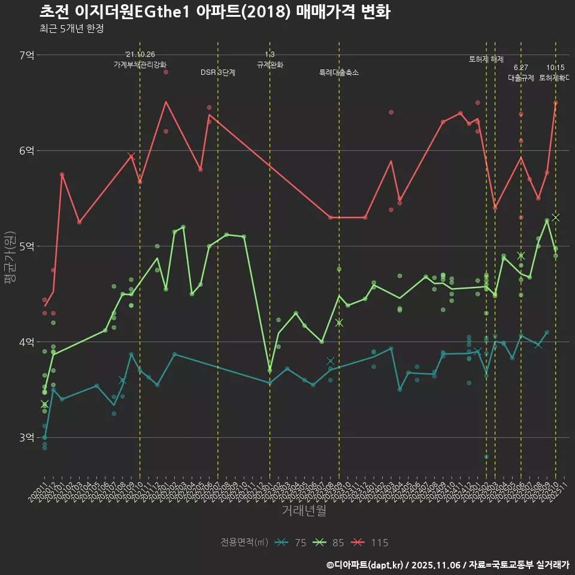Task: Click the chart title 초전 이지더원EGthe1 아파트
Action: [x=215, y=12]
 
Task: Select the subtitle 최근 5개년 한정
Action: [x=72, y=29]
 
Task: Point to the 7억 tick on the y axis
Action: [x=27, y=55]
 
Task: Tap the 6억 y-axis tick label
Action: [x=27, y=150]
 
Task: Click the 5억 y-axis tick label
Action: [x=27, y=246]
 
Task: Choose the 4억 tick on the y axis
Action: [x=27, y=342]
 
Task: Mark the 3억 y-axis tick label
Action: [x=27, y=438]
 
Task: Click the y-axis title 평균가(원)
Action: [x=10, y=246]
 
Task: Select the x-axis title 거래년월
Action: [x=304, y=510]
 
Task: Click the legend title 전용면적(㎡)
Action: [x=244, y=543]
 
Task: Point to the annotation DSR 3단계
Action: [x=218, y=72]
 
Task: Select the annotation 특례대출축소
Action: [x=339, y=72]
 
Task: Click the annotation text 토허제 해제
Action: [x=486, y=59]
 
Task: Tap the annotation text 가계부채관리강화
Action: [x=140, y=64]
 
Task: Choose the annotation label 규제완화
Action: [x=270, y=65]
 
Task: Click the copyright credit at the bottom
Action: [x=447, y=564]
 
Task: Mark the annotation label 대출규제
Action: [x=520, y=77]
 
